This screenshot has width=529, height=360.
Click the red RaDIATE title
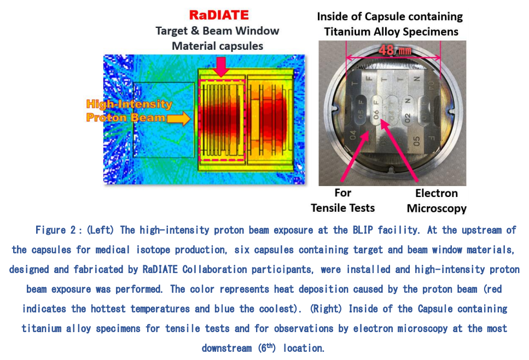219,15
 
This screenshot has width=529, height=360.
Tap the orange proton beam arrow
178,118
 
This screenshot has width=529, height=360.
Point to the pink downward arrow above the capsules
220,66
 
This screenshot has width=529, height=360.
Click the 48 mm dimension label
395,51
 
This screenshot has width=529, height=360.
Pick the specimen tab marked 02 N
408,111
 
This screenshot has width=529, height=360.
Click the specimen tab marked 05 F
361,109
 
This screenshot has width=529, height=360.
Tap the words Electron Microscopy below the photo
437,201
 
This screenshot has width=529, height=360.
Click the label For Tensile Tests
343,200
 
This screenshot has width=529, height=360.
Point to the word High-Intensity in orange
129,104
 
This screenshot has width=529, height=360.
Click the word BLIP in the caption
363,230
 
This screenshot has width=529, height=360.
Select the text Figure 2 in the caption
56,230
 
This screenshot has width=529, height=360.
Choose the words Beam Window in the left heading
241,31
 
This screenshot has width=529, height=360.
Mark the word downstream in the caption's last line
226,348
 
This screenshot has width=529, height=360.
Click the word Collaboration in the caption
214,269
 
